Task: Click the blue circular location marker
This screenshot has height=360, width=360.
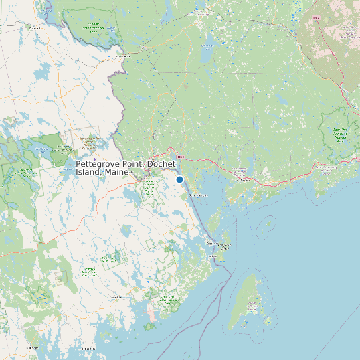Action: click(x=179, y=179)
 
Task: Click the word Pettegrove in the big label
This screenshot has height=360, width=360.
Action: click(x=99, y=163)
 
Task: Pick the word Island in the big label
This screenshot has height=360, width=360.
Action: click(x=88, y=172)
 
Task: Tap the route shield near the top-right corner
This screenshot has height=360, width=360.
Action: click(x=317, y=17)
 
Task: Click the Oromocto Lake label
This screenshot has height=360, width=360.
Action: click(x=207, y=46)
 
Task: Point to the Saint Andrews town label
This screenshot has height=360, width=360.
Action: click(x=199, y=195)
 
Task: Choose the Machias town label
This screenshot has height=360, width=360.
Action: click(x=117, y=297)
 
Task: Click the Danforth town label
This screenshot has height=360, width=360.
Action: click(x=34, y=28)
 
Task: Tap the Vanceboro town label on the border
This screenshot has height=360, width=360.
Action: click(x=122, y=56)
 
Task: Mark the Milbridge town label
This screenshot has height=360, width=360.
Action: click(x=31, y=347)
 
